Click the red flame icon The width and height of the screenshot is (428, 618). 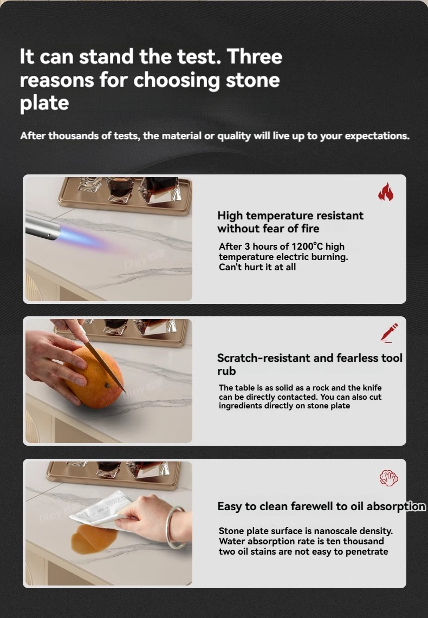point(385,192)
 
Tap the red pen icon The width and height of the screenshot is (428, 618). point(388,333)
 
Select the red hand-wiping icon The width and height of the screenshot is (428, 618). point(388,478)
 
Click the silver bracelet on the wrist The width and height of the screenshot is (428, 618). point(176,527)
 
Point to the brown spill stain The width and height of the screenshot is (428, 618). point(94,538)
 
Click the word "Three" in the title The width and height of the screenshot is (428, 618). point(254,56)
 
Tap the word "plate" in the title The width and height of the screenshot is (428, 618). point(44,103)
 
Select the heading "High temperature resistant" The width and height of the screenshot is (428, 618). point(290,216)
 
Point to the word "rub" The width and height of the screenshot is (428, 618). point(226,371)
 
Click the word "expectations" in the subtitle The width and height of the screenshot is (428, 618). point(376,136)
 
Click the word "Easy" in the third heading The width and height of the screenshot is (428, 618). point(230,507)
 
